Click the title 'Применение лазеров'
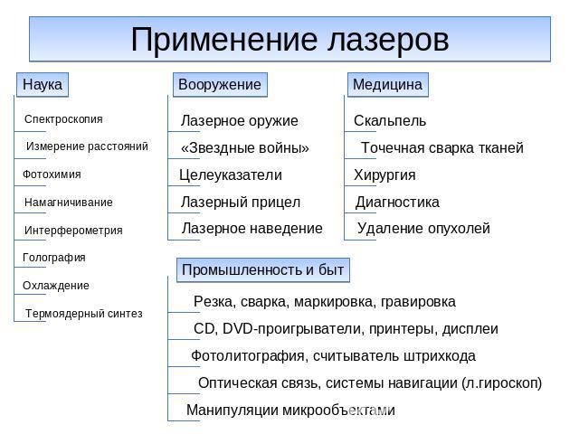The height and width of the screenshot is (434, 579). pos(289,39)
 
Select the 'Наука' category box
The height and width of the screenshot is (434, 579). pos(43,84)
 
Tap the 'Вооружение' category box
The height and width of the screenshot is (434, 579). pos(220,84)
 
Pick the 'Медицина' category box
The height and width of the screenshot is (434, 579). pos(388,84)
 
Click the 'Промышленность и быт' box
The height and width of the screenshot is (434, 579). pos(263,269)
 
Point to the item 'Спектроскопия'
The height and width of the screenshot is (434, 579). pos(63,119)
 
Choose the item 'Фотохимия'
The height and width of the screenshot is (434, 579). pos(52,175)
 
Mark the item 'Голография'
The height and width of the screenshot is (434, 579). pos(54,258)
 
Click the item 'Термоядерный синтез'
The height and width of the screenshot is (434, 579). pos(84,314)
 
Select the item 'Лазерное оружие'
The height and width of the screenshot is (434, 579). pos(239,120)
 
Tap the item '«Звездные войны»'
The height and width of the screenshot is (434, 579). pos(245,148)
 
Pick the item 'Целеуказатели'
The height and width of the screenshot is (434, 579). pos(231,175)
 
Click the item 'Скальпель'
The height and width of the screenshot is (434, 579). pos(390,120)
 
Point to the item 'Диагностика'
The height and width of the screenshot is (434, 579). pos(397,203)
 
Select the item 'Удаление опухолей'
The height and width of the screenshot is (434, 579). pos(423,229)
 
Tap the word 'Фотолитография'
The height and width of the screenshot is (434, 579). pos(247,356)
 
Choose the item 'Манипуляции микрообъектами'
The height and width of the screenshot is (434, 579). pos(290,410)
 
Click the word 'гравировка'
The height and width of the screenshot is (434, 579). pos(418,302)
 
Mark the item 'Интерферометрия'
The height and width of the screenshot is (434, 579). pos(73,231)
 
